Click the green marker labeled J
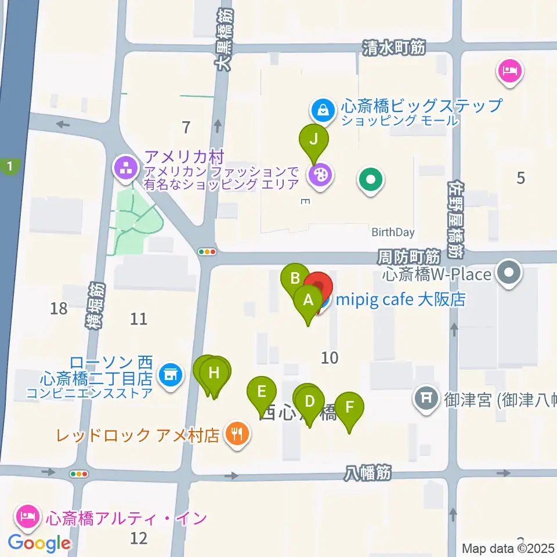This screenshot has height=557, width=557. click(x=314, y=140)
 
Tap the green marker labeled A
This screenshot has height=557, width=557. click(x=308, y=301)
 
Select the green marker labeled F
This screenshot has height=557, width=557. click(x=349, y=407)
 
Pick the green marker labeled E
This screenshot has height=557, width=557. click(x=262, y=391)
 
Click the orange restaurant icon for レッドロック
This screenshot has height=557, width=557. click(x=237, y=432)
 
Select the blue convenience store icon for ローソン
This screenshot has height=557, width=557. click(x=169, y=375)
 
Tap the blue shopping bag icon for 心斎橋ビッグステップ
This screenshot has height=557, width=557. click(x=321, y=107)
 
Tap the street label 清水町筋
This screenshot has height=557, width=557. click(x=394, y=48)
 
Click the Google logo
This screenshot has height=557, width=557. click(x=39, y=543)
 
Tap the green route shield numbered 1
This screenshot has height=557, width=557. click(x=9, y=168)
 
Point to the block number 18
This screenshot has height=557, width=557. click(x=59, y=308)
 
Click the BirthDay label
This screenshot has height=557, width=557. click(x=393, y=233)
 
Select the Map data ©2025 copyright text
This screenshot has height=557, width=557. click(x=508, y=548)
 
